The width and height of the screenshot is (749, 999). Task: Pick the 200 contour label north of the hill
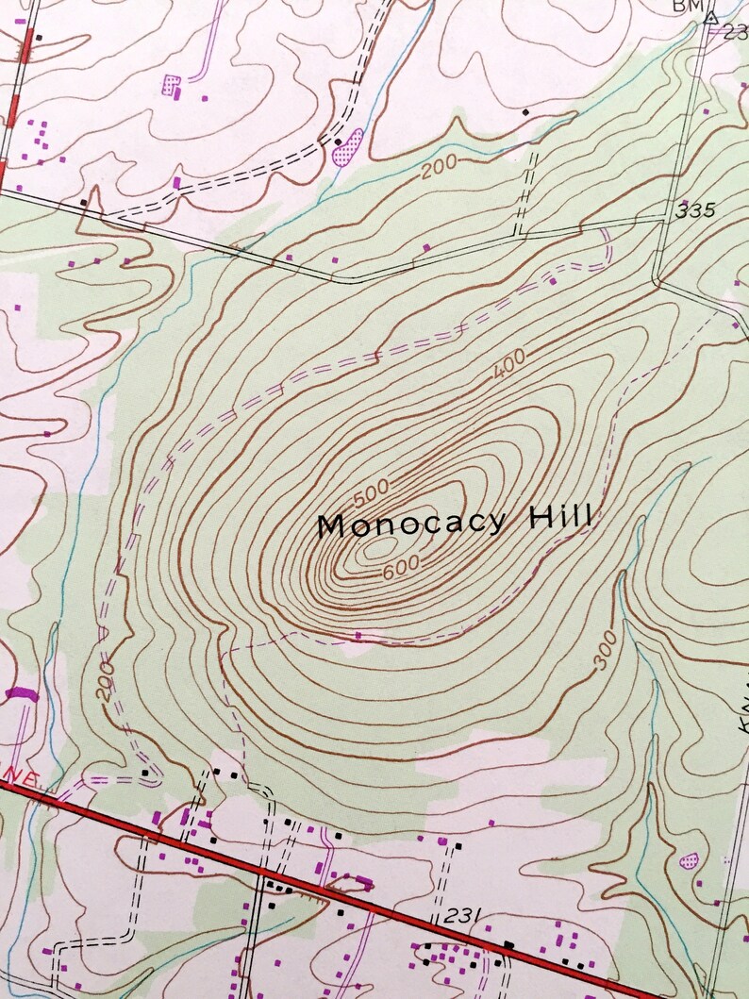point(439,166)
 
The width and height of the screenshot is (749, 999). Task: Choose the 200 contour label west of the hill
point(105,680)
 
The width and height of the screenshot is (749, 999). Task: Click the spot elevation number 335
point(696,210)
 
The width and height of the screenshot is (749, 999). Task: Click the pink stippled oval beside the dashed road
point(347,148)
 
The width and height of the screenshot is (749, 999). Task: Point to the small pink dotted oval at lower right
point(690,860)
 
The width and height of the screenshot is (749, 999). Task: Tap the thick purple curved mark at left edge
point(18,694)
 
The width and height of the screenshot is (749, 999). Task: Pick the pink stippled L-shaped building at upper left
point(171,85)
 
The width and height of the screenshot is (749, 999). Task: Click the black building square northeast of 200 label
point(525,112)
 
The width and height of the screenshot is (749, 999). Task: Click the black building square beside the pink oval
point(338,142)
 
